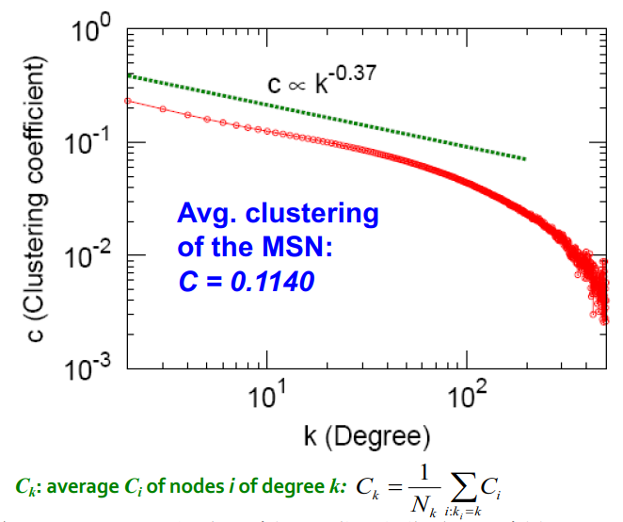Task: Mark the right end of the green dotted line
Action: coord(525,158)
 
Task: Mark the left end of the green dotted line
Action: coord(129,74)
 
